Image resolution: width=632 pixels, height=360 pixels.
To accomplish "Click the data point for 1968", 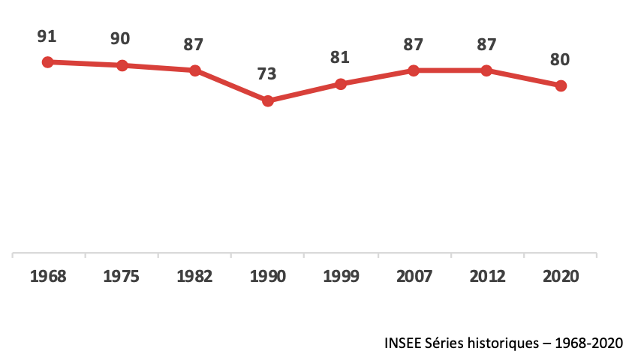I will pyautogui.click(x=47, y=61).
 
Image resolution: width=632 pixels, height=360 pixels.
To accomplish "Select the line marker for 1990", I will pyautogui.click(x=267, y=100).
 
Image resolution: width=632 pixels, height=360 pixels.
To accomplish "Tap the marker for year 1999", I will pyautogui.click(x=341, y=84).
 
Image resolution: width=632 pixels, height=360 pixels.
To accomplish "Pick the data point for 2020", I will pyautogui.click(x=561, y=85).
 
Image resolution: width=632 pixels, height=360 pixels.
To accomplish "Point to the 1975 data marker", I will pyautogui.click(x=121, y=65).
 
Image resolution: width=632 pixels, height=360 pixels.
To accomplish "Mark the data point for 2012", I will pyautogui.click(x=486, y=70).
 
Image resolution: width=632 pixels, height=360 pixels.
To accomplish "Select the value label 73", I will pyautogui.click(x=267, y=73).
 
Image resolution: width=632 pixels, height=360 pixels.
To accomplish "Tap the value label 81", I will pyautogui.click(x=341, y=57).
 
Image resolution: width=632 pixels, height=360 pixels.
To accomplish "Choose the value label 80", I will pyautogui.click(x=561, y=58).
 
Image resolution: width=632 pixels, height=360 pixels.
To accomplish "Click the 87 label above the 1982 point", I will pyautogui.click(x=194, y=43).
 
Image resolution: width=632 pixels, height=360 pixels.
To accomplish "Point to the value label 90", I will pyautogui.click(x=121, y=38).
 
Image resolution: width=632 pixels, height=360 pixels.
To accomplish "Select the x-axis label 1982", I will pyautogui.click(x=194, y=276).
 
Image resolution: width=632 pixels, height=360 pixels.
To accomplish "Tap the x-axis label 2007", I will pyautogui.click(x=414, y=276).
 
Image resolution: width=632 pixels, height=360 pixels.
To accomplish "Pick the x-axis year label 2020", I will pyautogui.click(x=560, y=276).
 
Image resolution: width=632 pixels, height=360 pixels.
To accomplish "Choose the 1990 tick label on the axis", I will pyautogui.click(x=267, y=276).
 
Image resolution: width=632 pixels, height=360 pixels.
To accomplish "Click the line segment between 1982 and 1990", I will pyautogui.click(x=230, y=85).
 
